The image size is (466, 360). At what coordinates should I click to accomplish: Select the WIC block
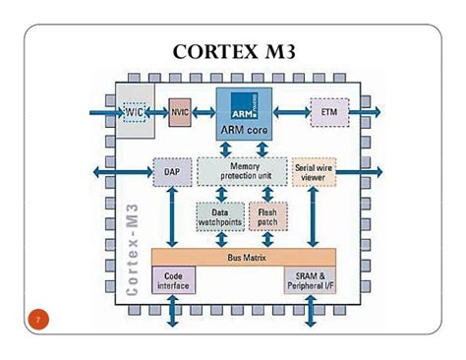pos(136,112)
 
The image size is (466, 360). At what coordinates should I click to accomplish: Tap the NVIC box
pos(180,112)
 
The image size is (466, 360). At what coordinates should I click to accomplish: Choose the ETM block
pos(328,112)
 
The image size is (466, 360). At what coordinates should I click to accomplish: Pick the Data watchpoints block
pos(218,215)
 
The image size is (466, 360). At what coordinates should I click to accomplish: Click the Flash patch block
pos(266,215)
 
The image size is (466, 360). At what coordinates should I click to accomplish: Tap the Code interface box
pos(173,281)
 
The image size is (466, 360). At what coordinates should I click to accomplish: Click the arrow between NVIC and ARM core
pos(204,112)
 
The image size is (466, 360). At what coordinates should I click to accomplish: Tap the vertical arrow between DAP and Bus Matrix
pos(172,216)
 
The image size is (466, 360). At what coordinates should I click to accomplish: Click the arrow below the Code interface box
pos(174,310)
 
